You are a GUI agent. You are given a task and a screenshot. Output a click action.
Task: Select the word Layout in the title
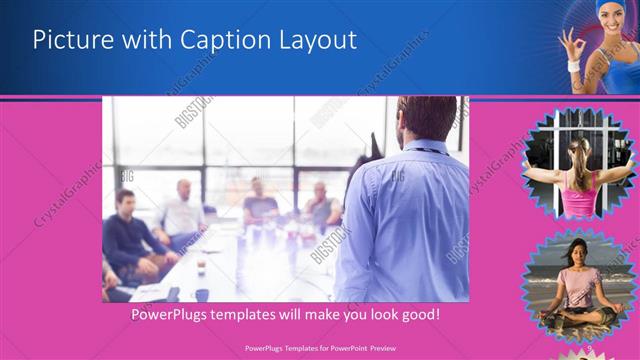319,40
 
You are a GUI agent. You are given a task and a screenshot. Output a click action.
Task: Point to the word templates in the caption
260,314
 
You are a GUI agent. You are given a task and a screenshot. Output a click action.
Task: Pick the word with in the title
140,40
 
